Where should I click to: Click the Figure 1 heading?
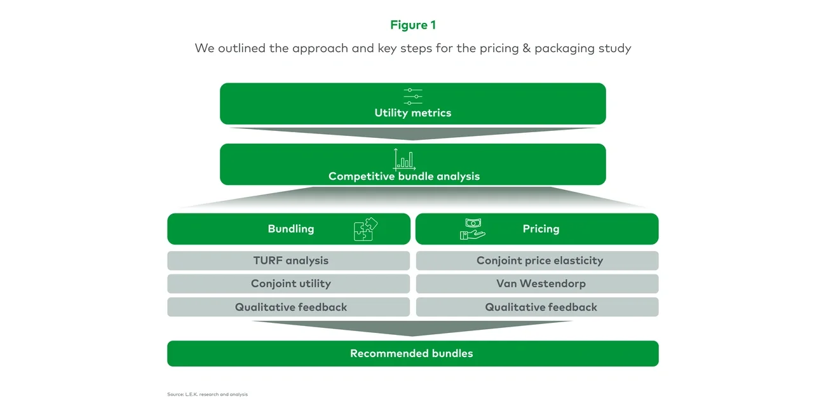click(412, 25)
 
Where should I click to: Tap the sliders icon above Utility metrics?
click(412, 96)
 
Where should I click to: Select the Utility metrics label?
click(412, 113)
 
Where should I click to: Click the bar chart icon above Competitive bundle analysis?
click(404, 159)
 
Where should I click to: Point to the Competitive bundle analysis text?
click(404, 176)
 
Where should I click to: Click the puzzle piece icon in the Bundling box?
click(365, 229)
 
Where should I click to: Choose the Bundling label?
click(290, 229)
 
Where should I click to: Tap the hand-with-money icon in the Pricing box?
click(472, 229)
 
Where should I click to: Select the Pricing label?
click(541, 229)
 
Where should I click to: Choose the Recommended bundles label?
click(412, 353)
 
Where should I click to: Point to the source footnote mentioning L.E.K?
click(207, 395)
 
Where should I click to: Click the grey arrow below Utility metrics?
click(412, 133)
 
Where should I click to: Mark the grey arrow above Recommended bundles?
click(412, 327)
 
